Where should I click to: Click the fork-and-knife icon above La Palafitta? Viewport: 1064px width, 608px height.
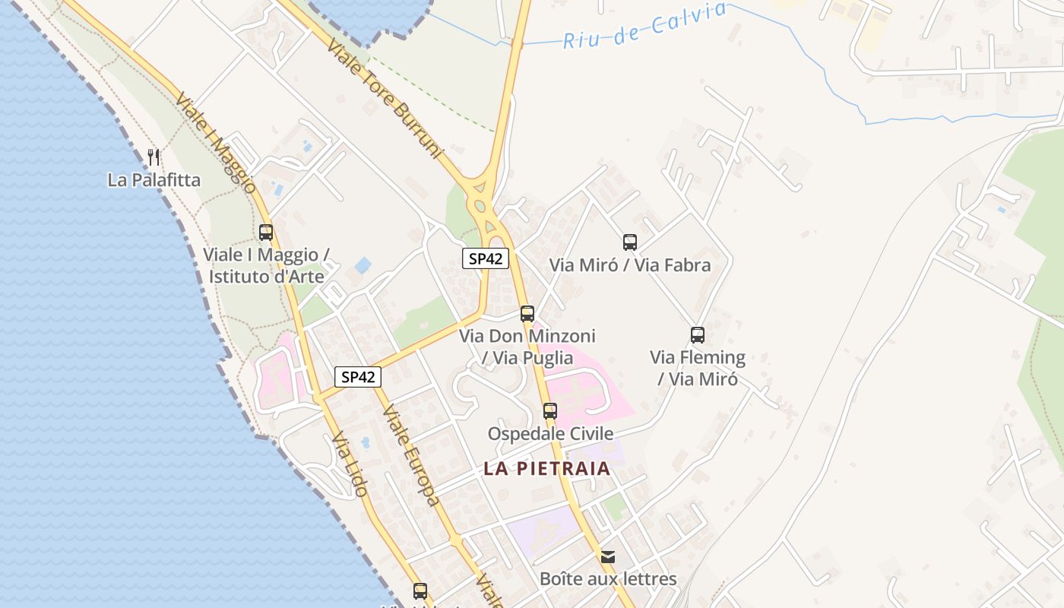pos(154,157)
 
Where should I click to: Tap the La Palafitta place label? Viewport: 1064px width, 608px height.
pos(154,180)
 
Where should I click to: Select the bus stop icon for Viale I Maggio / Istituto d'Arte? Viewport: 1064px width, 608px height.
pos(266,233)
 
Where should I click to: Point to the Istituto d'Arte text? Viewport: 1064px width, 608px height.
pos(266,276)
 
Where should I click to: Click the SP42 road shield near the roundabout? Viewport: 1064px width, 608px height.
pos(486,258)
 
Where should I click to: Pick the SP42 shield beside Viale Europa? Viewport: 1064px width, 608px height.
pos(358,377)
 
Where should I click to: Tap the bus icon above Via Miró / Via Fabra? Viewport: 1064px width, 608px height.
pos(630,242)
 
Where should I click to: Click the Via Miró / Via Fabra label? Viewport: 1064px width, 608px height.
pos(630,265)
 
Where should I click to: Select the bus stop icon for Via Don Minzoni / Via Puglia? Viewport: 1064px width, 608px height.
pos(527,313)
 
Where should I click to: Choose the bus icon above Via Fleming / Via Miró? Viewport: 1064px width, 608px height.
pos(698,334)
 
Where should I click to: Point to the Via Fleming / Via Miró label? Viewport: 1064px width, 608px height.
pos(698,368)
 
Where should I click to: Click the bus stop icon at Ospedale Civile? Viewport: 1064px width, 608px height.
pos(550,411)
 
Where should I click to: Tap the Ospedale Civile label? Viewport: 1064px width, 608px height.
pos(550,434)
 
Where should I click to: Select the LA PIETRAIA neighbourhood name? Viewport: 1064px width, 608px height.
pos(547,468)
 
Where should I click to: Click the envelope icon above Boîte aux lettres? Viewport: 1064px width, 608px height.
pos(608,557)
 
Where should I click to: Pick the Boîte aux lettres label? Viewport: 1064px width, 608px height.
pos(608,579)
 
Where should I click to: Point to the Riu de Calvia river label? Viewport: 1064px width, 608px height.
pos(644,26)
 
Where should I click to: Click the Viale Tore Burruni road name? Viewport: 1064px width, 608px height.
pos(385,98)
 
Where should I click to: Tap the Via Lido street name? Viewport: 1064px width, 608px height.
pos(350,464)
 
